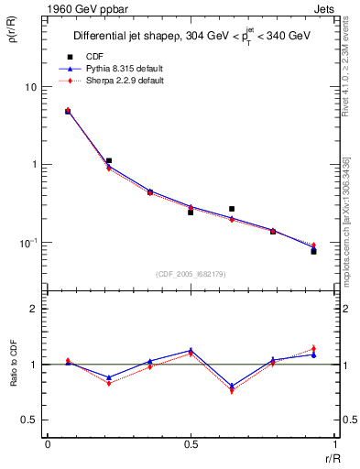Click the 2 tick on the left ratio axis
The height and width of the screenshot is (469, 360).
pyautogui.click(x=35, y=309)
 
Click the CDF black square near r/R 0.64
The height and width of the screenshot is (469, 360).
pyautogui.click(x=232, y=209)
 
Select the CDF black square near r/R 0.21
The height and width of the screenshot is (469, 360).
pyautogui.click(x=109, y=160)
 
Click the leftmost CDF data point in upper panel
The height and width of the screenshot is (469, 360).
pyautogui.click(x=68, y=111)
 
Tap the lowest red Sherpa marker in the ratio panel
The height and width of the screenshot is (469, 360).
pyautogui.click(x=232, y=391)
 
